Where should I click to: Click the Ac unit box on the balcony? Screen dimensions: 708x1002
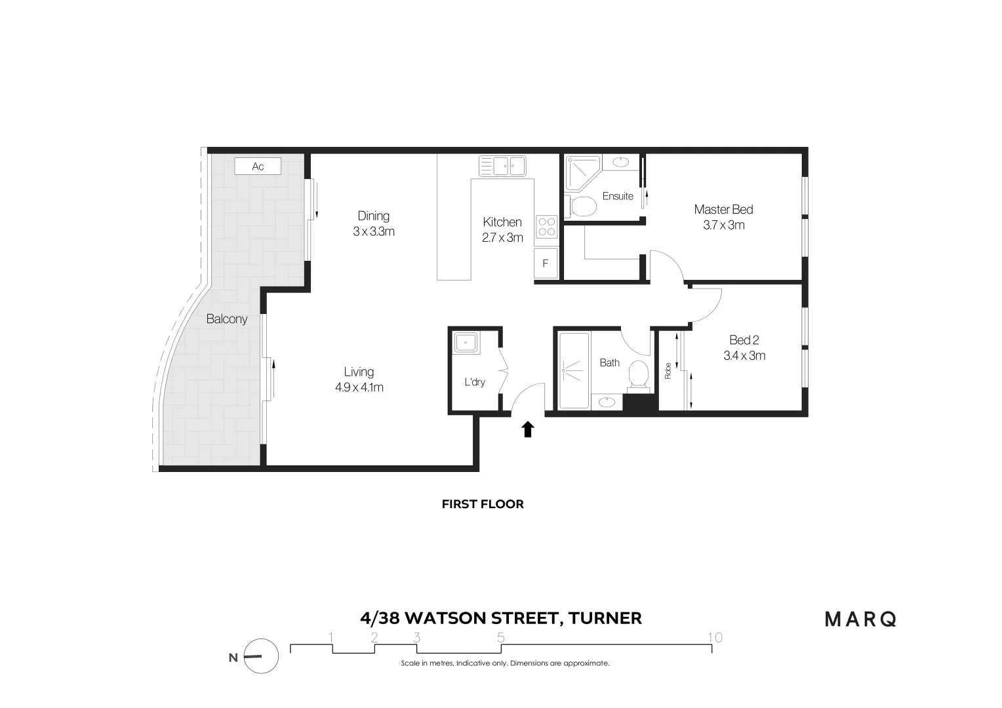258,167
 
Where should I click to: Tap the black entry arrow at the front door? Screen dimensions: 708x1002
528,429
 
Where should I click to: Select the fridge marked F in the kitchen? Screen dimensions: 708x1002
546,264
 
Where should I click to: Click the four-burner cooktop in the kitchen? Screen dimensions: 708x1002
547,227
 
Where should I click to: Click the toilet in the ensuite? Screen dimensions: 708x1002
581,206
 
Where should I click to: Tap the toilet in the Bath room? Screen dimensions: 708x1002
638,376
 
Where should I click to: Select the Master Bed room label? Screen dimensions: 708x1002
723,210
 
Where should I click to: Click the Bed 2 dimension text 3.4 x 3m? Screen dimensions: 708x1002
744,356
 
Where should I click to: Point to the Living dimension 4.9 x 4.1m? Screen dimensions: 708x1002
359,387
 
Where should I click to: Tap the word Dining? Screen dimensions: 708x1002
373,216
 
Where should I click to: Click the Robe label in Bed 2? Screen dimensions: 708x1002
668,371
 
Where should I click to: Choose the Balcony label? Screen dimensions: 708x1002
227,319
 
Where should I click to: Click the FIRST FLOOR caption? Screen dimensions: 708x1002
483,504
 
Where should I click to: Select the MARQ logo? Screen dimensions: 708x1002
860,619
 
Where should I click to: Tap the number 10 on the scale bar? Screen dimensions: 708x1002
715,637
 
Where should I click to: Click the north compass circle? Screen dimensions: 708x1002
261,656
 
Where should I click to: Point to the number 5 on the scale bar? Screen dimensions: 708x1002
501,637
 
